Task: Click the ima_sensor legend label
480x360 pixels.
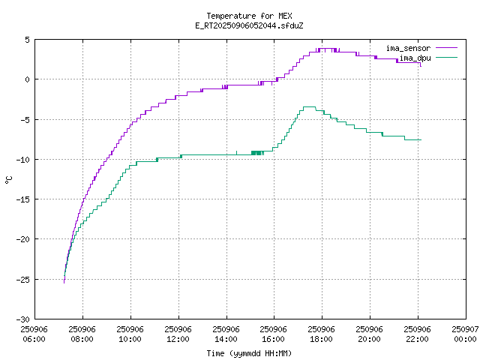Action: click(408, 48)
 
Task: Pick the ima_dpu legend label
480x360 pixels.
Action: click(414, 57)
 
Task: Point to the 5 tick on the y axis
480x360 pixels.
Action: click(26, 40)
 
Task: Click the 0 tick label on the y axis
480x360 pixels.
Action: click(26, 79)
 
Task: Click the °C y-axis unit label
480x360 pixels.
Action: click(8, 179)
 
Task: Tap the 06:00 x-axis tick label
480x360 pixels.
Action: click(34, 339)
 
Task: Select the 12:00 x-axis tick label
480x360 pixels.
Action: click(178, 339)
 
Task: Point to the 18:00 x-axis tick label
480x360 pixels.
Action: click(321, 339)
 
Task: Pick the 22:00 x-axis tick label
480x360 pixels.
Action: click(417, 339)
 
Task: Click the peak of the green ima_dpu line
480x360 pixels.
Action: click(309, 106)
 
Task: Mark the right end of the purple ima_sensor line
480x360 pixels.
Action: click(421, 66)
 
